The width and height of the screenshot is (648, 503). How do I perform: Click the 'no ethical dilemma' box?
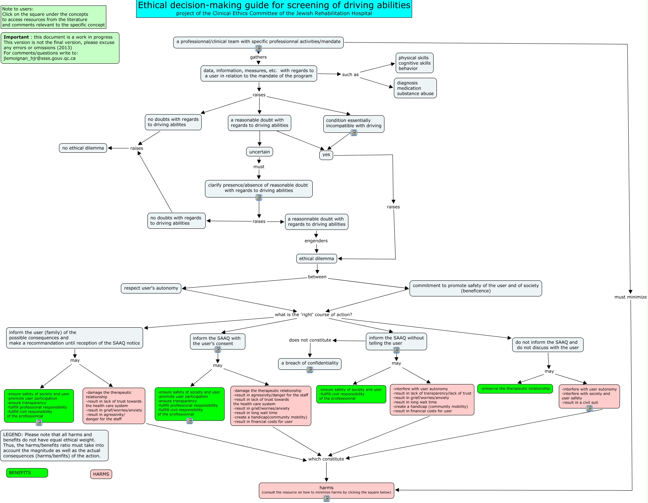(83, 148)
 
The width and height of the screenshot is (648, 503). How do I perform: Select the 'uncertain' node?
(260, 152)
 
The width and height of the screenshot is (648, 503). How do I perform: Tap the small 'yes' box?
(326, 155)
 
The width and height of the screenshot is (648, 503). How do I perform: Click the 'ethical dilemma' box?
(316, 259)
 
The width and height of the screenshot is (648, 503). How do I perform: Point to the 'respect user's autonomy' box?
(151, 288)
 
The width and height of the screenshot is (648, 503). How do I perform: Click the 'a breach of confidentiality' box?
(310, 363)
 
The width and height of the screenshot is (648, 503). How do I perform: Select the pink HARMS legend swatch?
(101, 474)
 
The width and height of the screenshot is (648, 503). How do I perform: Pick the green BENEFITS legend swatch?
(27, 473)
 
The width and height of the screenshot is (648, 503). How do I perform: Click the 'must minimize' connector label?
(631, 297)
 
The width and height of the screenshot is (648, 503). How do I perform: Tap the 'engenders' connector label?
(316, 241)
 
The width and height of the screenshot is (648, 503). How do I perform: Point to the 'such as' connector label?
(350, 75)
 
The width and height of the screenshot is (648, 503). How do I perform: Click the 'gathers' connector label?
(258, 57)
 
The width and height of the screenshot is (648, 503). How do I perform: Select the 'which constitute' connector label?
(326, 459)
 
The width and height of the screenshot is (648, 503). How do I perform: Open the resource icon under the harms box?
(327, 499)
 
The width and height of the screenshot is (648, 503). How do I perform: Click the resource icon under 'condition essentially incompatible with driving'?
(354, 133)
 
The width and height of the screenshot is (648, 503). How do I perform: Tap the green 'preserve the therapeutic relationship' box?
(515, 389)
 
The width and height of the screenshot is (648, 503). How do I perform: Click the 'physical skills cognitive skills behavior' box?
(414, 63)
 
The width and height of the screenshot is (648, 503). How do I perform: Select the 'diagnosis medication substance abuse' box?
(415, 88)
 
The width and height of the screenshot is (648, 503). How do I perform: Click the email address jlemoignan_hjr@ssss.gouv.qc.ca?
(40, 58)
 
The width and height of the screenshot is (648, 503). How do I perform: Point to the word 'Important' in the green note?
(16, 37)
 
